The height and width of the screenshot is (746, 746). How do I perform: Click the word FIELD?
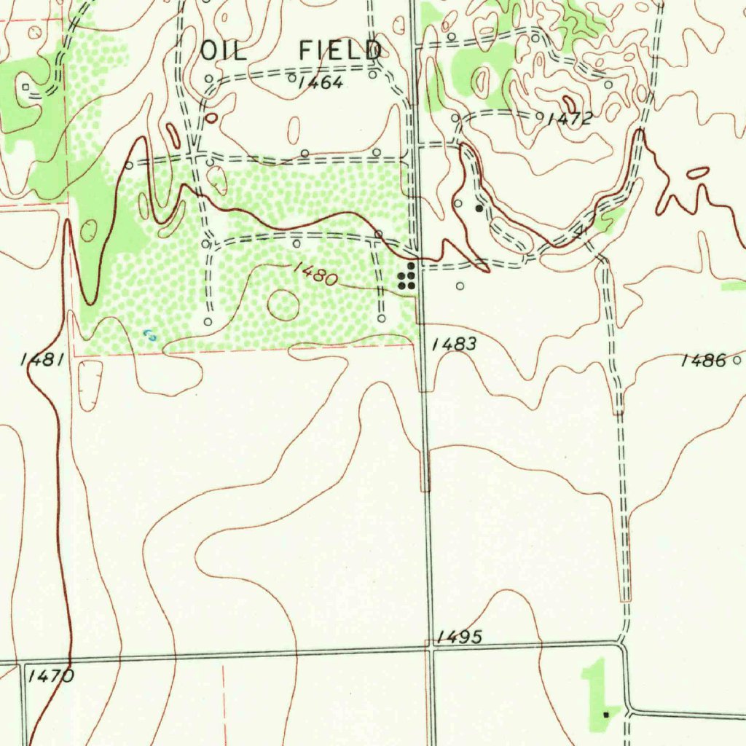[x=341, y=50]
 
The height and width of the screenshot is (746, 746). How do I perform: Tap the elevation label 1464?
[x=321, y=82]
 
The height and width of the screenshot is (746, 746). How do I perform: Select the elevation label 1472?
[x=570, y=119]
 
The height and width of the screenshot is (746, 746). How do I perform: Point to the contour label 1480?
[x=315, y=275]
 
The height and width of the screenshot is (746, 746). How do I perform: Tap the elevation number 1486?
[x=703, y=360]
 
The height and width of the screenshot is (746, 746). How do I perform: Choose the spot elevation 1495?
[x=460, y=637]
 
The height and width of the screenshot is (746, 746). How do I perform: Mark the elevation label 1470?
[x=50, y=676]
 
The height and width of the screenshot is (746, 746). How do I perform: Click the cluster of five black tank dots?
[x=407, y=278]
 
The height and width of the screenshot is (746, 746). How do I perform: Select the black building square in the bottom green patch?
[x=606, y=715]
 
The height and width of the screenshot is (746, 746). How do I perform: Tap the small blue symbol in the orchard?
[x=150, y=335]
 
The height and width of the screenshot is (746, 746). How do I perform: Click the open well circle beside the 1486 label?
[x=737, y=360]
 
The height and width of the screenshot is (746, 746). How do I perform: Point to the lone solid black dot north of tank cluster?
[x=479, y=208]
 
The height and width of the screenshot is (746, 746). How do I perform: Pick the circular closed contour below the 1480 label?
[x=283, y=305]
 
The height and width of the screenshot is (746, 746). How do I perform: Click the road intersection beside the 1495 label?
[x=431, y=647]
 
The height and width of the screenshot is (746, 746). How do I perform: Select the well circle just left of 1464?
[x=291, y=77]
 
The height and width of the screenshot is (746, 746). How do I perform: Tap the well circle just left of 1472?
[x=539, y=116]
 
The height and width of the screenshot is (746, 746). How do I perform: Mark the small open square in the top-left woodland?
[x=26, y=87]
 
